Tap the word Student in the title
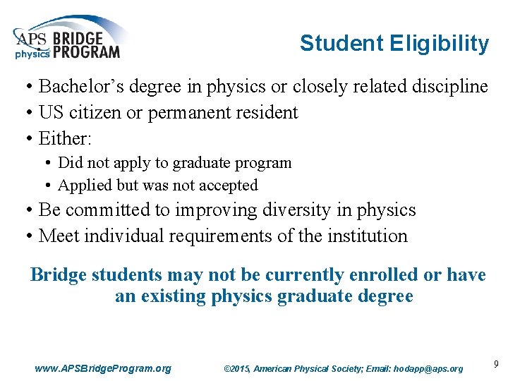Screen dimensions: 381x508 (x=341, y=44)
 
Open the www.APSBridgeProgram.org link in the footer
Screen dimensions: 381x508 (x=102, y=368)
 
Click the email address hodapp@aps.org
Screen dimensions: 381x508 (x=430, y=368)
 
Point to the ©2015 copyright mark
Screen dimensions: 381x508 (x=236, y=368)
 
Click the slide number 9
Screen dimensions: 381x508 (x=496, y=364)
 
